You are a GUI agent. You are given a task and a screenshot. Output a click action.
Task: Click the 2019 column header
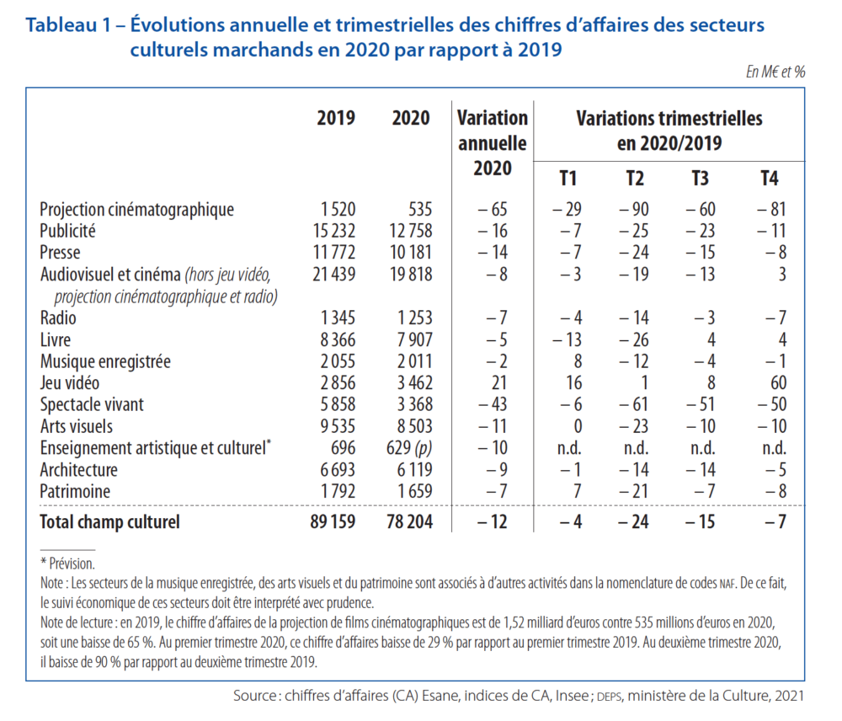[335, 118]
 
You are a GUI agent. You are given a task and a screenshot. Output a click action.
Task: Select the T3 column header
[700, 179]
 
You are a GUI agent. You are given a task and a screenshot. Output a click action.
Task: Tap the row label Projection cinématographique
[136, 209]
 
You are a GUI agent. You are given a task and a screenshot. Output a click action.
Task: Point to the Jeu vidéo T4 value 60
[777, 383]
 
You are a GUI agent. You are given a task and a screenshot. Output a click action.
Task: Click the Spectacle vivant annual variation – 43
[492, 404]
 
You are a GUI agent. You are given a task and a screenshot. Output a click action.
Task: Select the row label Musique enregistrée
[105, 361]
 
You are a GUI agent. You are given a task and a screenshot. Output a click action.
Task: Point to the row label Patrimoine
[75, 492]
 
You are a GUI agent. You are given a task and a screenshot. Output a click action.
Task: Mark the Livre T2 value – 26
[635, 339]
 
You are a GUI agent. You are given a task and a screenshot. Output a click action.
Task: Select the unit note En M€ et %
[775, 72]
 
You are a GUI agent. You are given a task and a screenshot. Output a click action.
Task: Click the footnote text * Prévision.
[67, 563]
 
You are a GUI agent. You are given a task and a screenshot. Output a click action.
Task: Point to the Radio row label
[58, 318]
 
